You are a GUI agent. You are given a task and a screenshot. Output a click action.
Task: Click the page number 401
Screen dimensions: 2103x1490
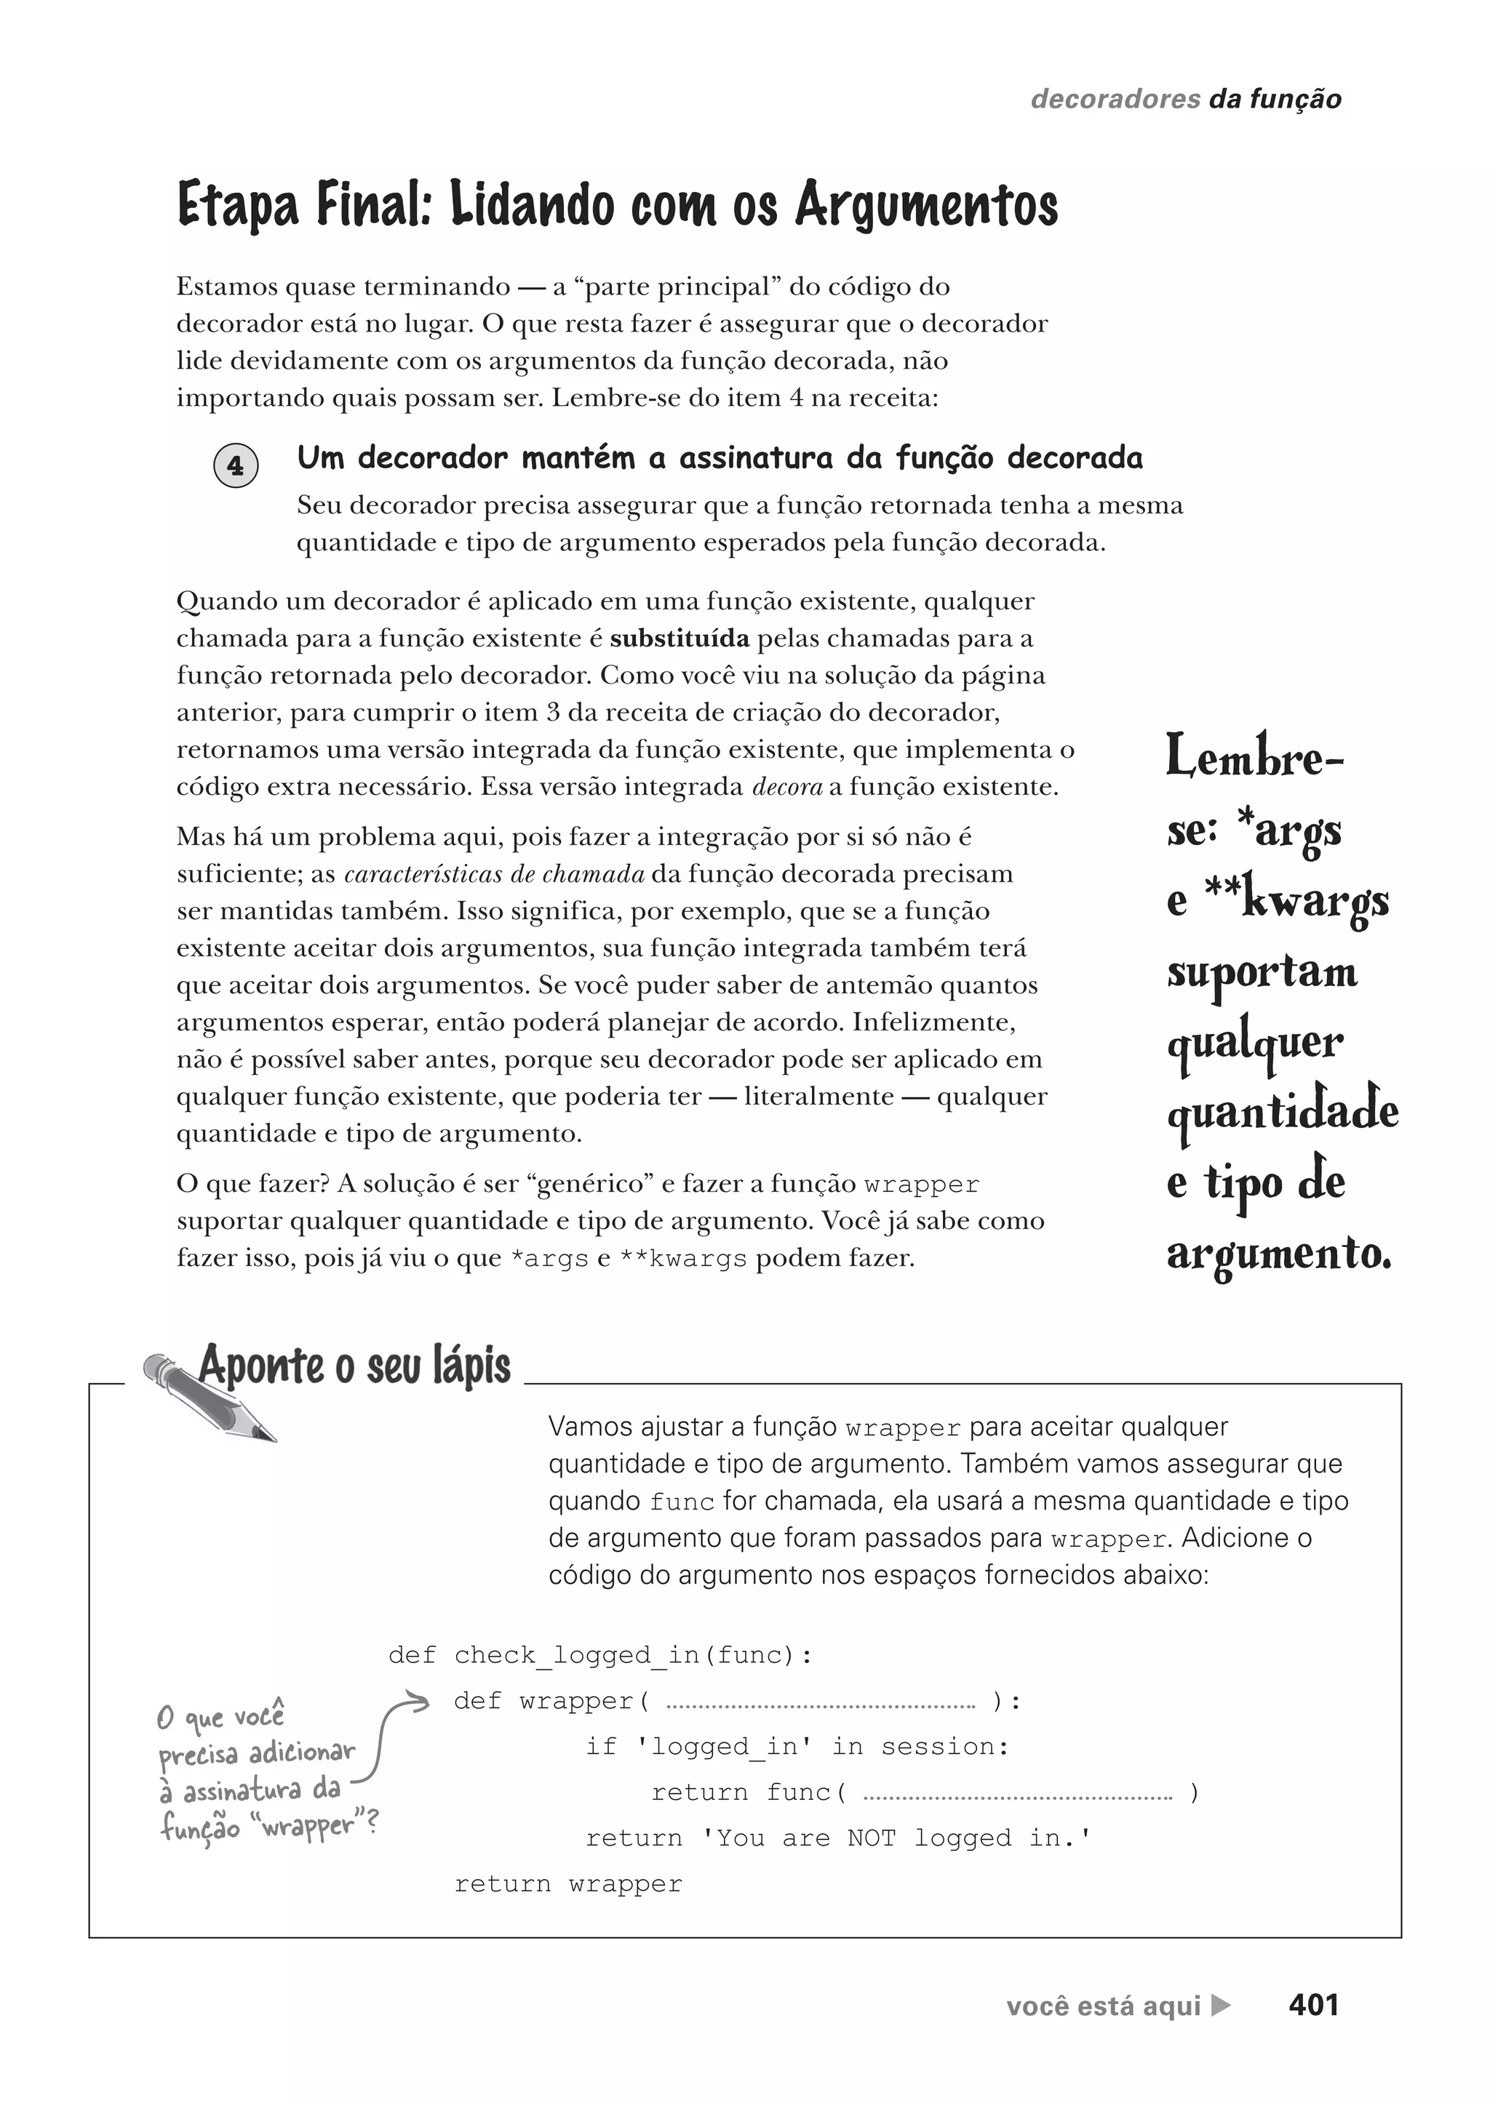tap(1313, 2005)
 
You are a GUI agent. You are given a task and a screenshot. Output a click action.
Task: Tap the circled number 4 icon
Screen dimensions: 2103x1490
tap(236, 466)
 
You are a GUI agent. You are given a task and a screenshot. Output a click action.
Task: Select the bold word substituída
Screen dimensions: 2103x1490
tap(679, 638)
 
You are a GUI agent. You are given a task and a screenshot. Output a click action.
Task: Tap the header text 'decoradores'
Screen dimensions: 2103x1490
tap(1115, 99)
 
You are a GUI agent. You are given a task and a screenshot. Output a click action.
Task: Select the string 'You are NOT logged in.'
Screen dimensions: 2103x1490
tap(896, 1838)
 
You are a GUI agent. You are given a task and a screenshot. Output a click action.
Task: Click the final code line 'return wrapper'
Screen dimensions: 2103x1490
tap(568, 1884)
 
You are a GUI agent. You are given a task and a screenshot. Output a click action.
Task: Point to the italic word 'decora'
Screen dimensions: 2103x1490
tap(787, 787)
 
